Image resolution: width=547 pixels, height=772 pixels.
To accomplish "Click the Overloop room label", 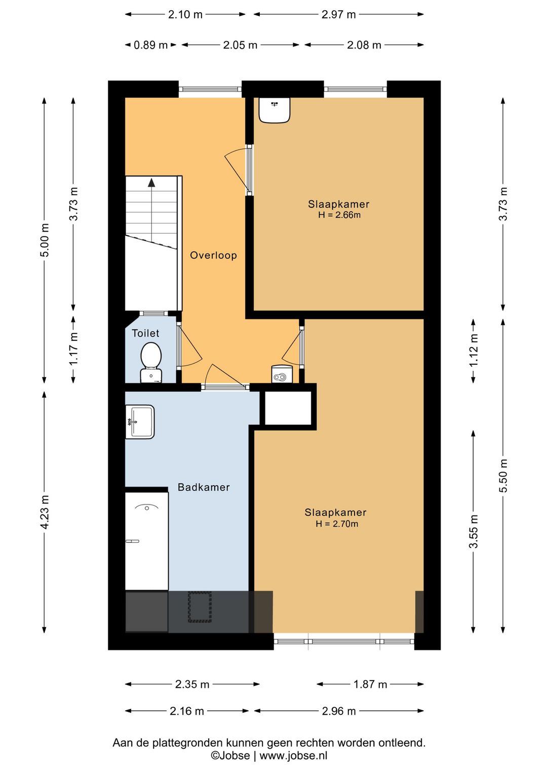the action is click(213, 255).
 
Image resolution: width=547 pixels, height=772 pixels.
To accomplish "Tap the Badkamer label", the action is click(204, 487).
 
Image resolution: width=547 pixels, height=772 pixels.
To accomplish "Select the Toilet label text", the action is click(145, 333).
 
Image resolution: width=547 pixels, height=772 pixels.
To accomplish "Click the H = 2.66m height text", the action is click(339, 215).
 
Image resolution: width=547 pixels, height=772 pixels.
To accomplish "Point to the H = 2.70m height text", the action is click(337, 524).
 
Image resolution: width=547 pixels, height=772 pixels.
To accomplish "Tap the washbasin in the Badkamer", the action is click(139, 422).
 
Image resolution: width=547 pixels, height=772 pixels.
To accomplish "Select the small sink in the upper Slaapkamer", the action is click(275, 110).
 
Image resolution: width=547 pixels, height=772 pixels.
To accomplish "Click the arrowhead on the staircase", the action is click(151, 183).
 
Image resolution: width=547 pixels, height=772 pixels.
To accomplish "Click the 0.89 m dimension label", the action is click(150, 45).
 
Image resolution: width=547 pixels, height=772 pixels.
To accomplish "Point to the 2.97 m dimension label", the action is click(338, 15).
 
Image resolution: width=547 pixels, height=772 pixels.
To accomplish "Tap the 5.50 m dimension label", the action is click(503, 476).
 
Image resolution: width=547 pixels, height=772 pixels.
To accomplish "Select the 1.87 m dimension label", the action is click(370, 684).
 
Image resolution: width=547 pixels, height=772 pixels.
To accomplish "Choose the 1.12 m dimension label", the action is click(474, 351).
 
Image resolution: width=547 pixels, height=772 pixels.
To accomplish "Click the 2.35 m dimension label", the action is click(192, 684).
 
